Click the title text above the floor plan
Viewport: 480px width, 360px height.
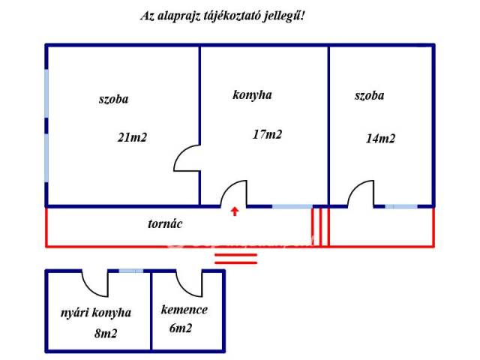point(223,15)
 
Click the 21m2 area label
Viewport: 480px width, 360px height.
point(132,137)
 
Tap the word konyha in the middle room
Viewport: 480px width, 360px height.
point(252,95)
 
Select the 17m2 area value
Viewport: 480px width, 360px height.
point(268,135)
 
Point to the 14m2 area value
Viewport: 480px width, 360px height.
point(380,138)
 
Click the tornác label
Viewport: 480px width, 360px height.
point(165,223)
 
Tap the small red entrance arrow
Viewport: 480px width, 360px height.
point(235,211)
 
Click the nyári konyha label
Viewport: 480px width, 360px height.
point(96,313)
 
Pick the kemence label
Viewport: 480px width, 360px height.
point(184,310)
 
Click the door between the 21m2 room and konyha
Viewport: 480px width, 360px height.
point(187,157)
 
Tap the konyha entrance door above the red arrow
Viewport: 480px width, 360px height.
point(234,193)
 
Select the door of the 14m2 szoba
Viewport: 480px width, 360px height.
point(361,193)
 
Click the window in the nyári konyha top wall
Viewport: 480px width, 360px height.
point(131,271)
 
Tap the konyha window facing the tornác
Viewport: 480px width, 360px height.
point(292,205)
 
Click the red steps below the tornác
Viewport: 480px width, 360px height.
point(235,259)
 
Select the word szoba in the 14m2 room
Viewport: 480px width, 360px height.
point(369,96)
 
